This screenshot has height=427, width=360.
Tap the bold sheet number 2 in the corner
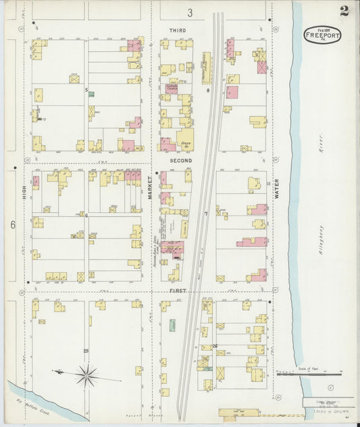[x=344, y=10]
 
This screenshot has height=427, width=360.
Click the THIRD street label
[x=177, y=31]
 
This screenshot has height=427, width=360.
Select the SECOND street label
[x=180, y=161]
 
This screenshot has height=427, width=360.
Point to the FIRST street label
[x=178, y=291]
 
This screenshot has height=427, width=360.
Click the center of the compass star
[x=86, y=374]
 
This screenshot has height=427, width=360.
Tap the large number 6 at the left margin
[x=12, y=224]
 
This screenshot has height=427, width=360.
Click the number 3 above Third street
[x=190, y=13]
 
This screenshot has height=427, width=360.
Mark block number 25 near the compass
[x=86, y=351]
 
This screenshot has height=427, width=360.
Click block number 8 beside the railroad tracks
[x=209, y=90]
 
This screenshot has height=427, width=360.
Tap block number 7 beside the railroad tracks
[x=205, y=214]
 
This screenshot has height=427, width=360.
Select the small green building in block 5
[x=91, y=94]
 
